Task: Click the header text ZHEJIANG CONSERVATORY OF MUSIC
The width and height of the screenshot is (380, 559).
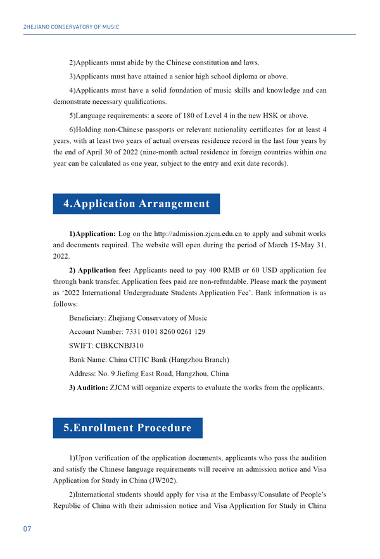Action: point(71,27)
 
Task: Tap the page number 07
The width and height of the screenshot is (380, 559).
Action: point(27,529)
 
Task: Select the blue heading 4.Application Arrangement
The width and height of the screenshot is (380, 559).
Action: point(136,204)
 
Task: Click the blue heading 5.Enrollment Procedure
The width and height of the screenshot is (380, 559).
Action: point(127,428)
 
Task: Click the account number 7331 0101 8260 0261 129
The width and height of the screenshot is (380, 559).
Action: point(157,331)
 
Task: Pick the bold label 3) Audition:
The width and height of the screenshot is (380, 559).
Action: point(89,388)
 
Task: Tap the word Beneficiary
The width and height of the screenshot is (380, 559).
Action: point(87,317)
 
